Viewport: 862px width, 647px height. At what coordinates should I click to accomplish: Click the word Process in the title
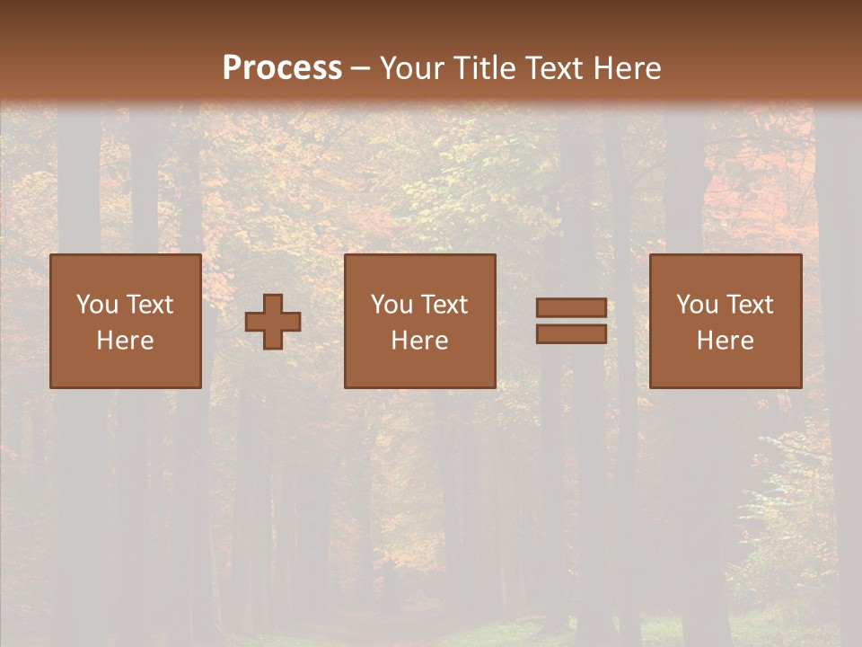282,68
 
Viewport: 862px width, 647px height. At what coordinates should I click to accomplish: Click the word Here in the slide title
625,68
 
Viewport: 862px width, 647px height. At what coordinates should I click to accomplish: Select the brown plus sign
273,322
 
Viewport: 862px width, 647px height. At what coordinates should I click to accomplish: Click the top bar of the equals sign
571,308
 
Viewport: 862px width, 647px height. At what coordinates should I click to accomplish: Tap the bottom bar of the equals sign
571,334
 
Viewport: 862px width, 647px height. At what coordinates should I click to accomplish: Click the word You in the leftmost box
97,305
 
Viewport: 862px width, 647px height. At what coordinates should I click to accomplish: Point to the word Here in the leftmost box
126,341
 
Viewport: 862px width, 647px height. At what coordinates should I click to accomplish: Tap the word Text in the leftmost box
149,305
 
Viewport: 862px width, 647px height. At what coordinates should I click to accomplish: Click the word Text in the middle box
444,305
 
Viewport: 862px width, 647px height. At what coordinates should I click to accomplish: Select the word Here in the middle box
420,341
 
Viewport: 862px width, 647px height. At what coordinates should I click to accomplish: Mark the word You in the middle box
391,305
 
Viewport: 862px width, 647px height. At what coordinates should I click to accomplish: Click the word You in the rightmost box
697,305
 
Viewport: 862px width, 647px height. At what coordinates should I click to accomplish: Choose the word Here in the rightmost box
726,341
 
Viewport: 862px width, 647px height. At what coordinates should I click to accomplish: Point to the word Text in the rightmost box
749,305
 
